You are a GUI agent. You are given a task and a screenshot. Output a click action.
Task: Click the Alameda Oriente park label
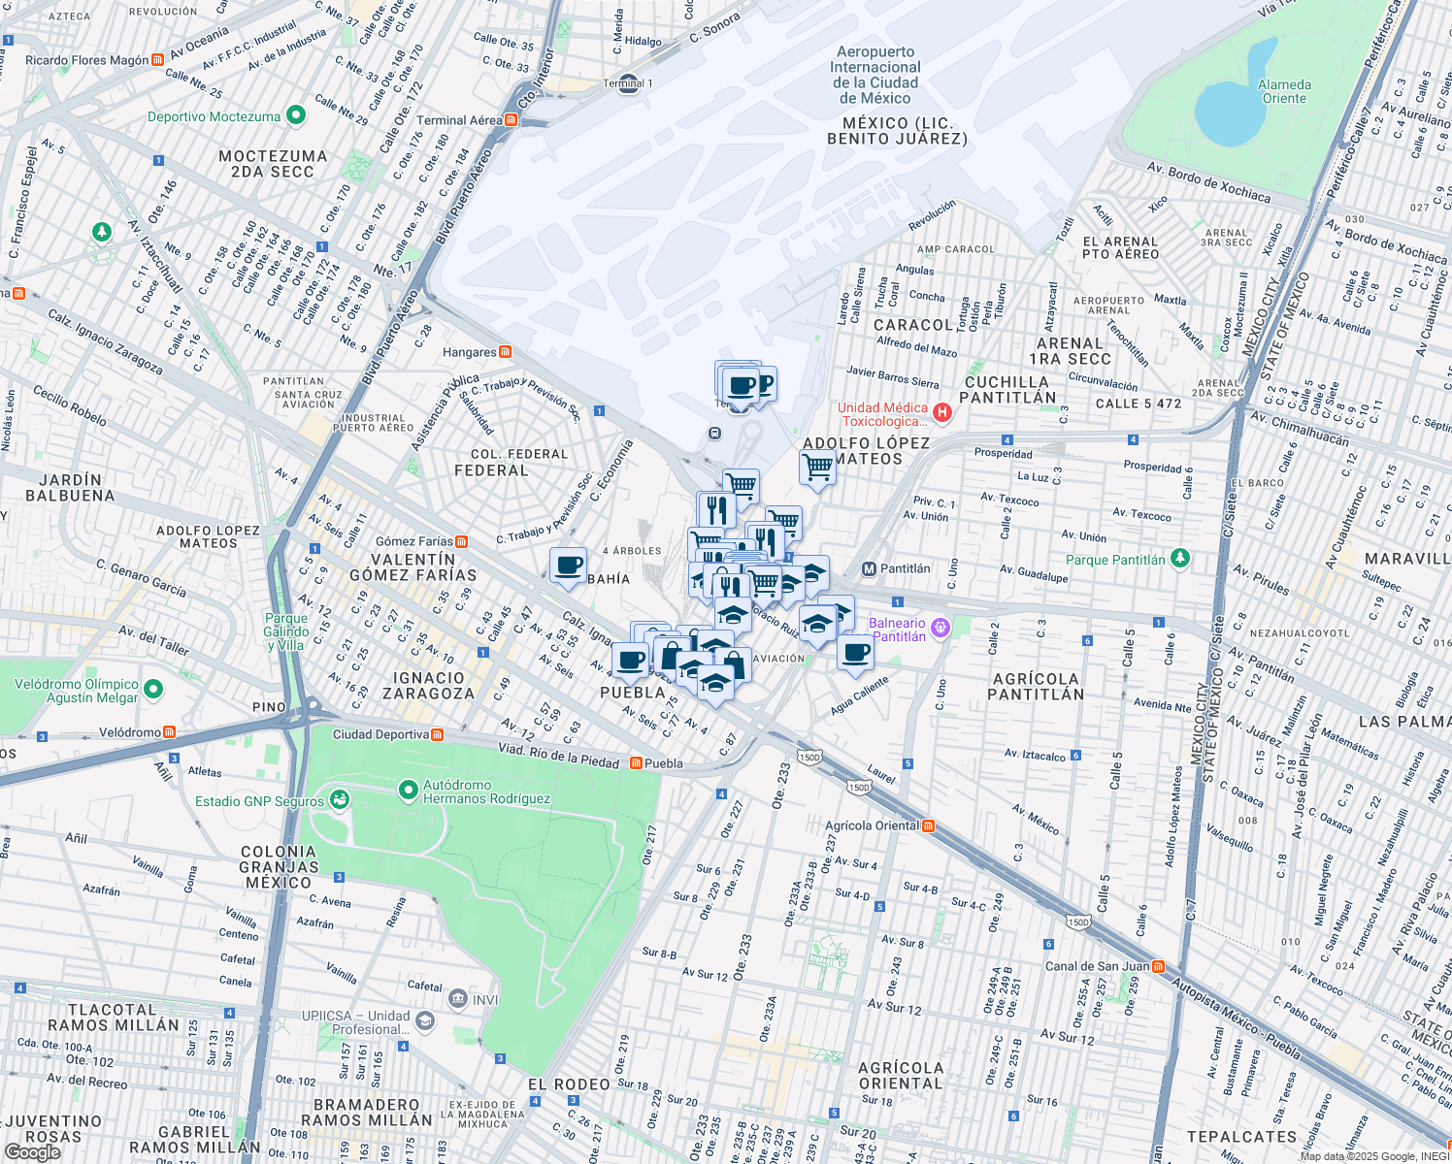pos(1284,91)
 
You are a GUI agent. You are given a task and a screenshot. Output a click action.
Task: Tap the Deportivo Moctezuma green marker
pos(296,116)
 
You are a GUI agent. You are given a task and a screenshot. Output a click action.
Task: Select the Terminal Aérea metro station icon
pos(511,120)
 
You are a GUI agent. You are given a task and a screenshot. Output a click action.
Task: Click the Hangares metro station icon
pos(505,352)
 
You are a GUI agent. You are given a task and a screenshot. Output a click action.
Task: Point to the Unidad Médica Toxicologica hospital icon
pos(941,412)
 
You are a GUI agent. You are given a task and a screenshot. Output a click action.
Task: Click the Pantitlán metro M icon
pos(869,568)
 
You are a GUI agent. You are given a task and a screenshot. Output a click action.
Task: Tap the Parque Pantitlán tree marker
pos(1179,558)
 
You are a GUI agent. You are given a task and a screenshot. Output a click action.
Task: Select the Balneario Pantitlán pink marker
pos(939,628)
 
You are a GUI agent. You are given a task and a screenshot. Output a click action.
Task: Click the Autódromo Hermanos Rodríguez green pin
pos(409,791)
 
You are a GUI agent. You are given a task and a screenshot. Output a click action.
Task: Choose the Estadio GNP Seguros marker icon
pos(339,799)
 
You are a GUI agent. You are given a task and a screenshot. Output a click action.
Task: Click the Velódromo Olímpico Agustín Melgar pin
pos(153,690)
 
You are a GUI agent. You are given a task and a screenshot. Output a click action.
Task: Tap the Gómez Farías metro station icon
pos(462,541)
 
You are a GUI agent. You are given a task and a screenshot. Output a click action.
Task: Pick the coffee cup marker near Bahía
pos(568,566)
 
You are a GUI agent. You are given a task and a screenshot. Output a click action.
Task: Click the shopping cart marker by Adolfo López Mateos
pos(817,468)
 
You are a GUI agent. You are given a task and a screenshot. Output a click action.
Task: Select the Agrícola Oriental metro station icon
pos(929,825)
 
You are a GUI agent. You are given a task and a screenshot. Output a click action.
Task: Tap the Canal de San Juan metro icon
pos(1158,965)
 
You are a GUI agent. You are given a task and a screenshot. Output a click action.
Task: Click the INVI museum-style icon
pos(457,998)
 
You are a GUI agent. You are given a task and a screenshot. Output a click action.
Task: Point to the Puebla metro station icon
pos(636,762)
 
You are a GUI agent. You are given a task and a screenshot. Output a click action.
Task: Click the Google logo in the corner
pos(32,1152)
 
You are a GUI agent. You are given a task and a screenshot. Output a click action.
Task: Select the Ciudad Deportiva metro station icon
pos(438,734)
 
